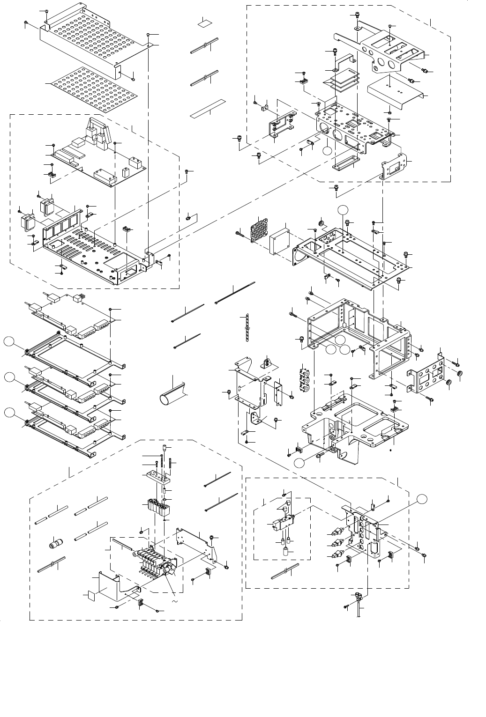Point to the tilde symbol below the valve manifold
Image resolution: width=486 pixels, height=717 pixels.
(x=175, y=601)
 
